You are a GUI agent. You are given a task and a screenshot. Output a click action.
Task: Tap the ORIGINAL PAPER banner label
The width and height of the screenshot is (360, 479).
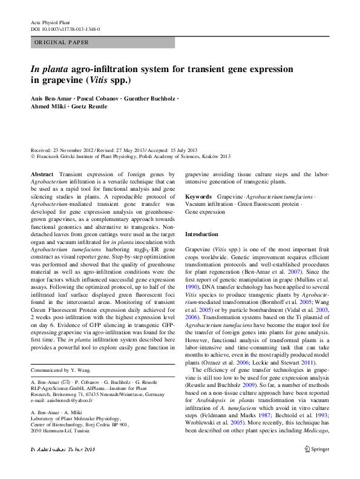coord(62,42)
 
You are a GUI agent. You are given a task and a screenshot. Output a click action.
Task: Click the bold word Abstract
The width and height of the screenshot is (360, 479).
coord(42,174)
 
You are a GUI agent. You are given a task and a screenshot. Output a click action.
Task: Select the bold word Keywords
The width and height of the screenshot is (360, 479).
coord(198,197)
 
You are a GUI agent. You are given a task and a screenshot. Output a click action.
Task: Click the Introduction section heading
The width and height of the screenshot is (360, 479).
coord(201,234)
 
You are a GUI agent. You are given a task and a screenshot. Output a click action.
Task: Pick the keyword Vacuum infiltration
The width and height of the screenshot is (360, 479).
coord(209,205)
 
